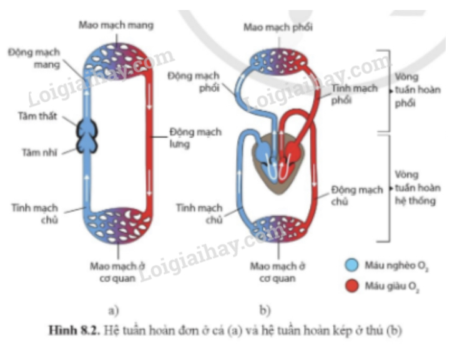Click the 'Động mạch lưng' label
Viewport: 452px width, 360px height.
[189, 139]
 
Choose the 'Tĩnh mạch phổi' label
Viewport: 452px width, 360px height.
[354, 94]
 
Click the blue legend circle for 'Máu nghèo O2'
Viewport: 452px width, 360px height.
[353, 265]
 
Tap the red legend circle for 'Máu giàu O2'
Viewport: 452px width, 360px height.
[353, 287]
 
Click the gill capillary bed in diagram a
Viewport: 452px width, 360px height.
[116, 57]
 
